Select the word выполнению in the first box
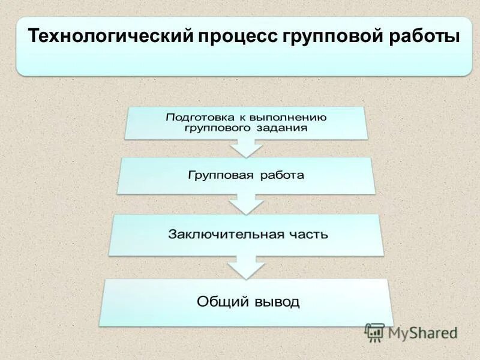(290, 117)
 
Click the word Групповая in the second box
(215, 175)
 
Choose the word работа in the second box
(282, 175)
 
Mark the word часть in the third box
(306, 233)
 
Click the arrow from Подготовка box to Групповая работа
(246, 147)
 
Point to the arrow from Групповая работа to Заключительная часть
(246, 204)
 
